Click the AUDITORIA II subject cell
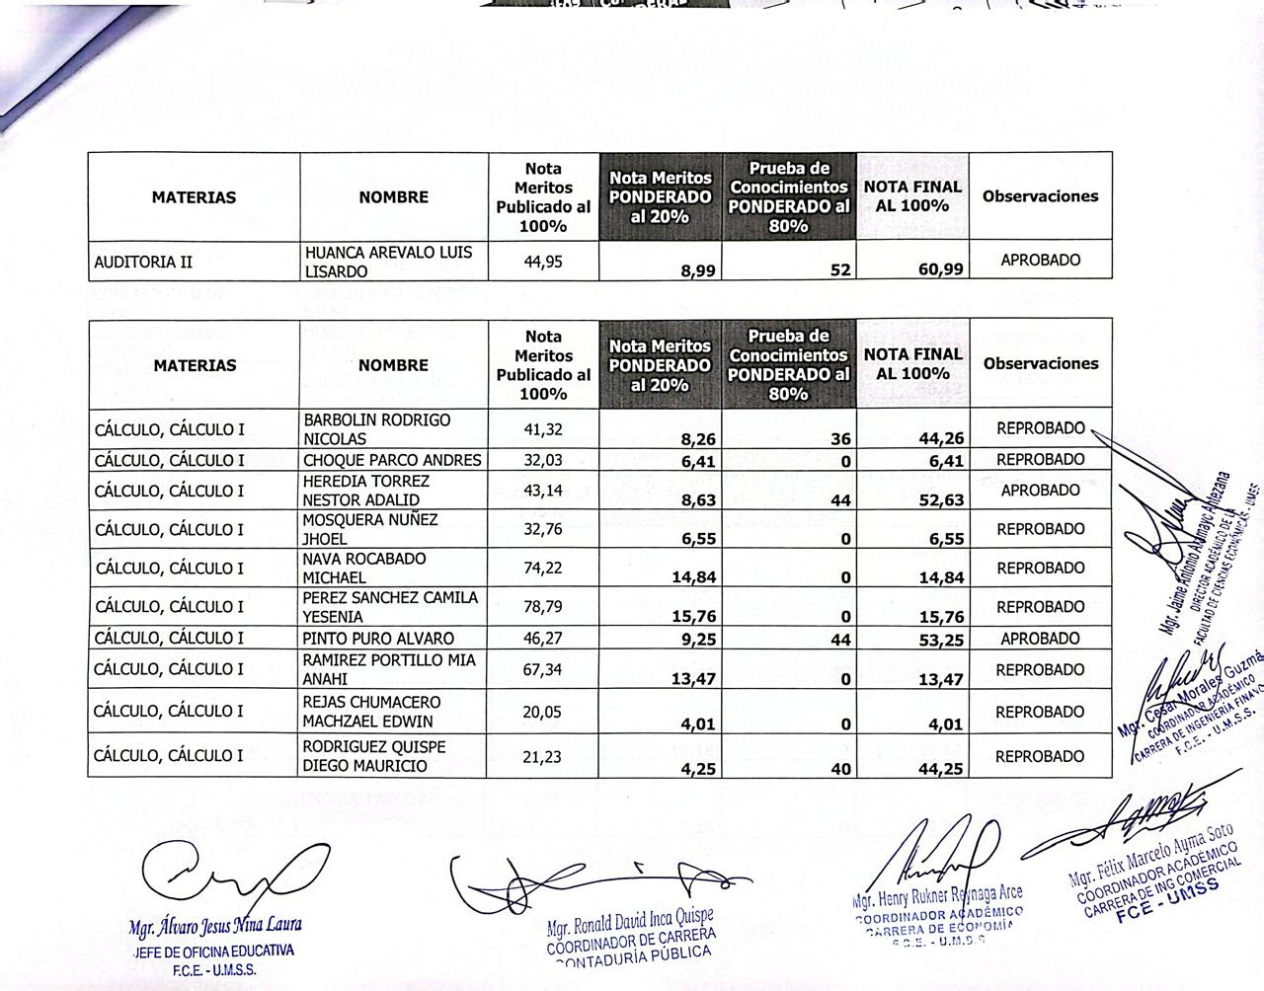pos(143,262)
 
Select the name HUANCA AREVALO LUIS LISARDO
pos(388,262)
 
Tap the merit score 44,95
pos(543,261)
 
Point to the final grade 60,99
pos(940,268)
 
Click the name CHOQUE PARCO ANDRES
pos(392,460)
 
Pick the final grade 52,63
pos(940,500)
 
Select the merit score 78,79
pos(543,606)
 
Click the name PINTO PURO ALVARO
pos(378,639)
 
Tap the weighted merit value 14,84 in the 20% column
pos(693,577)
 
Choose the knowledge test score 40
pos(840,766)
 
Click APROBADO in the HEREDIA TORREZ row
pos(1040,491)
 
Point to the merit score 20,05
pos(543,712)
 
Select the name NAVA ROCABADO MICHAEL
pos(364,568)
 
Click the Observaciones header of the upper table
pos(1040,196)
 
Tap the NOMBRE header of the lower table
pos(393,365)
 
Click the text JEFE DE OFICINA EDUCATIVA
pos(213,952)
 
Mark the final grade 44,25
pos(940,766)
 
